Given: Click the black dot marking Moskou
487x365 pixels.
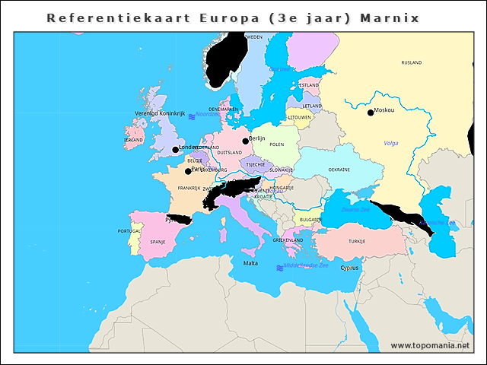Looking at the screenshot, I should pyautogui.click(x=371, y=113).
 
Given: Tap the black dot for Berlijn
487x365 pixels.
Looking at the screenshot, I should pyautogui.click(x=245, y=141).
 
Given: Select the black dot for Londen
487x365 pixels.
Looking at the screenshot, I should pyautogui.click(x=175, y=150).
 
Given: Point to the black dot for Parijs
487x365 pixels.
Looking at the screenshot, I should pyautogui.click(x=188, y=171).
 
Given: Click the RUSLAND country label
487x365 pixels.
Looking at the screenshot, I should pyautogui.click(x=411, y=62).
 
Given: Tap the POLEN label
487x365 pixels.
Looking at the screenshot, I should pyautogui.click(x=277, y=144).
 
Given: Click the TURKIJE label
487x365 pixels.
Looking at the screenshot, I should pyautogui.click(x=357, y=241).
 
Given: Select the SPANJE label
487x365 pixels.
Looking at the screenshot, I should pyautogui.click(x=158, y=241).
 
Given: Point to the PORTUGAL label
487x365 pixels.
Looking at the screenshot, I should pyautogui.click(x=129, y=230).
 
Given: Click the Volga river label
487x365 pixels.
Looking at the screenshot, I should pyautogui.click(x=391, y=143).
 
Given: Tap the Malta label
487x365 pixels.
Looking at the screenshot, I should pyautogui.click(x=250, y=263).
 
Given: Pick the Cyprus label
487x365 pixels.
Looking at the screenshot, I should pyautogui.click(x=350, y=267).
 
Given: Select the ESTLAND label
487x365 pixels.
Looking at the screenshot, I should pyautogui.click(x=310, y=85).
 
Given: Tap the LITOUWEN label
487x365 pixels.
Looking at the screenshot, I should pyautogui.click(x=299, y=117).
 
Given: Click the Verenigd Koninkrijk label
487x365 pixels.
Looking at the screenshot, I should pyautogui.click(x=160, y=113).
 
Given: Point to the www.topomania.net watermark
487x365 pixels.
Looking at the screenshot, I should pyautogui.click(x=430, y=345).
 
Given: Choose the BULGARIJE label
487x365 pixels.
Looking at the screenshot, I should pyautogui.click(x=310, y=219).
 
